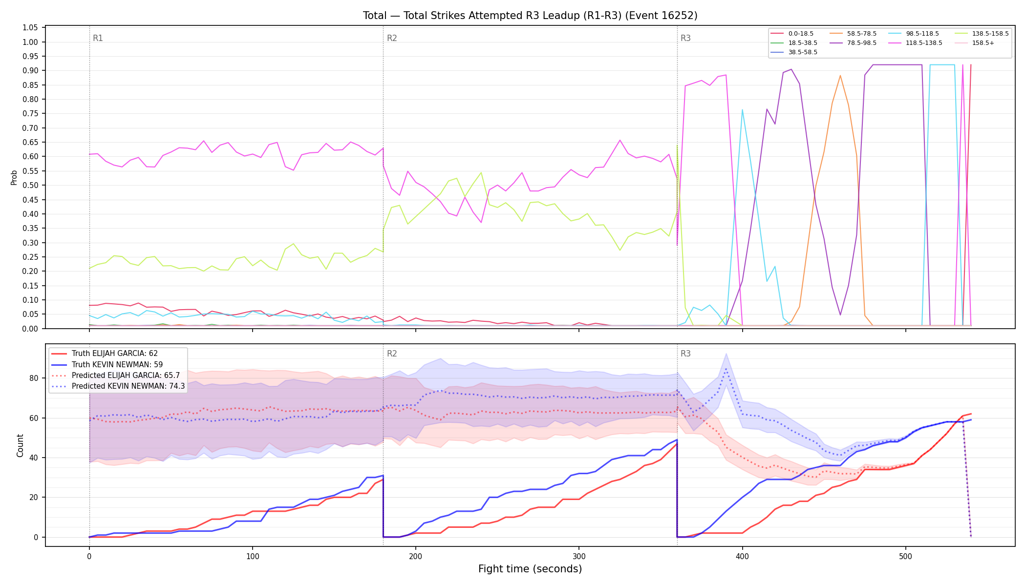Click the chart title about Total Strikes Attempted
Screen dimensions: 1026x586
click(x=530, y=16)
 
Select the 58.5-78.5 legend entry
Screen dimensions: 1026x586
click(x=853, y=34)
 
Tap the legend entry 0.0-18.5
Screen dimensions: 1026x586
click(x=792, y=34)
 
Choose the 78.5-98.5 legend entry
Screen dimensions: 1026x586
click(x=853, y=43)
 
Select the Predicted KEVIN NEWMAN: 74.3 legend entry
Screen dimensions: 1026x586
click(x=118, y=386)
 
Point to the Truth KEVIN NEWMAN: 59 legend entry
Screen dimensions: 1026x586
click(x=107, y=365)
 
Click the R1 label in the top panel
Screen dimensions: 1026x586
click(x=98, y=38)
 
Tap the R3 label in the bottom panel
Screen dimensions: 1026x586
click(x=685, y=354)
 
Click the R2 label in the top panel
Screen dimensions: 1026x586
click(x=392, y=38)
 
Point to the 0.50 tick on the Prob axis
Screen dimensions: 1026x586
click(x=30, y=186)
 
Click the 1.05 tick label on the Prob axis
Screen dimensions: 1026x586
click(x=30, y=28)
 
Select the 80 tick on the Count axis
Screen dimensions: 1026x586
click(x=34, y=378)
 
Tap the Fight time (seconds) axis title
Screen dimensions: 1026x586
click(x=530, y=569)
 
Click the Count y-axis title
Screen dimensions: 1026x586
click(x=20, y=445)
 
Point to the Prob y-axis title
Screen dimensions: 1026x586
click(x=14, y=177)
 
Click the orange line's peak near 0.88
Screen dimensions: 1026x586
click(x=840, y=76)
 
